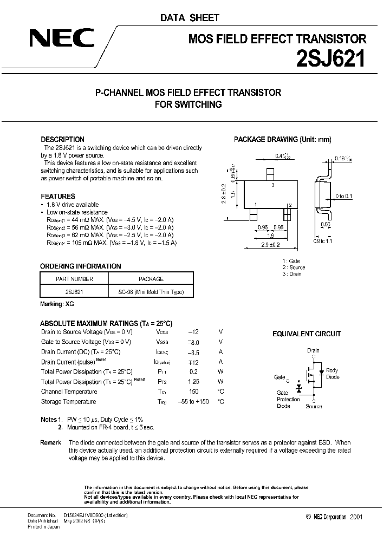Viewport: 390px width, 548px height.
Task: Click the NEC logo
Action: (61, 39)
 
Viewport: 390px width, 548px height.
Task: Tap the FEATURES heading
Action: (58, 196)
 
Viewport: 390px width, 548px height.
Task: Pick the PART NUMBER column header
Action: (75, 279)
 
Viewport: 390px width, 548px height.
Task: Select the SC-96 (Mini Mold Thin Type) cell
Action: (151, 292)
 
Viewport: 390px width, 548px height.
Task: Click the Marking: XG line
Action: (57, 304)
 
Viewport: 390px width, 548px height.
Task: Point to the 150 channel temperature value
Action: (194, 392)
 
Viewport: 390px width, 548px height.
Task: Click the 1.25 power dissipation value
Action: (194, 382)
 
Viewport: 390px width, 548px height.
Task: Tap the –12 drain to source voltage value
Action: (193, 332)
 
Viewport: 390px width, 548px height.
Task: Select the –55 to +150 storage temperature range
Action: (193, 402)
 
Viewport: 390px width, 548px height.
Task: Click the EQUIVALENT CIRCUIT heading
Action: (307, 334)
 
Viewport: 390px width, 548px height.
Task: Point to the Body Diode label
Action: (333, 374)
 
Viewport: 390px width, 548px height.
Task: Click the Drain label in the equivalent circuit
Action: (313, 351)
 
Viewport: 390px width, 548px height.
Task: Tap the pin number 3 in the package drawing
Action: (273, 185)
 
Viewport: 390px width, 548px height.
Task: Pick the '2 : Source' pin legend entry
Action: (294, 268)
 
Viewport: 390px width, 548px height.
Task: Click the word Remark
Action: (50, 443)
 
